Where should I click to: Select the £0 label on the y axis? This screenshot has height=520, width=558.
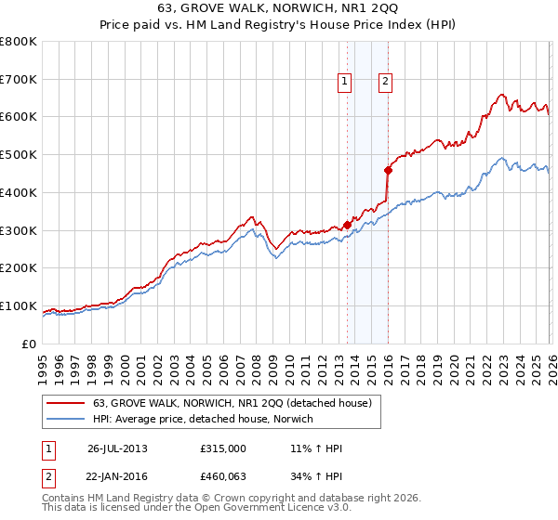[x=28, y=344]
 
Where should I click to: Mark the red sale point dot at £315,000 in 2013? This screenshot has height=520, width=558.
[x=347, y=225]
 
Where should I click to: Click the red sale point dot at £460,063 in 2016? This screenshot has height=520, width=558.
[x=388, y=170]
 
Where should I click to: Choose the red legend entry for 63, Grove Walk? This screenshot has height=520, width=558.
[x=232, y=403]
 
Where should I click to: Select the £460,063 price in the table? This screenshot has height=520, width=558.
[x=223, y=476]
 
